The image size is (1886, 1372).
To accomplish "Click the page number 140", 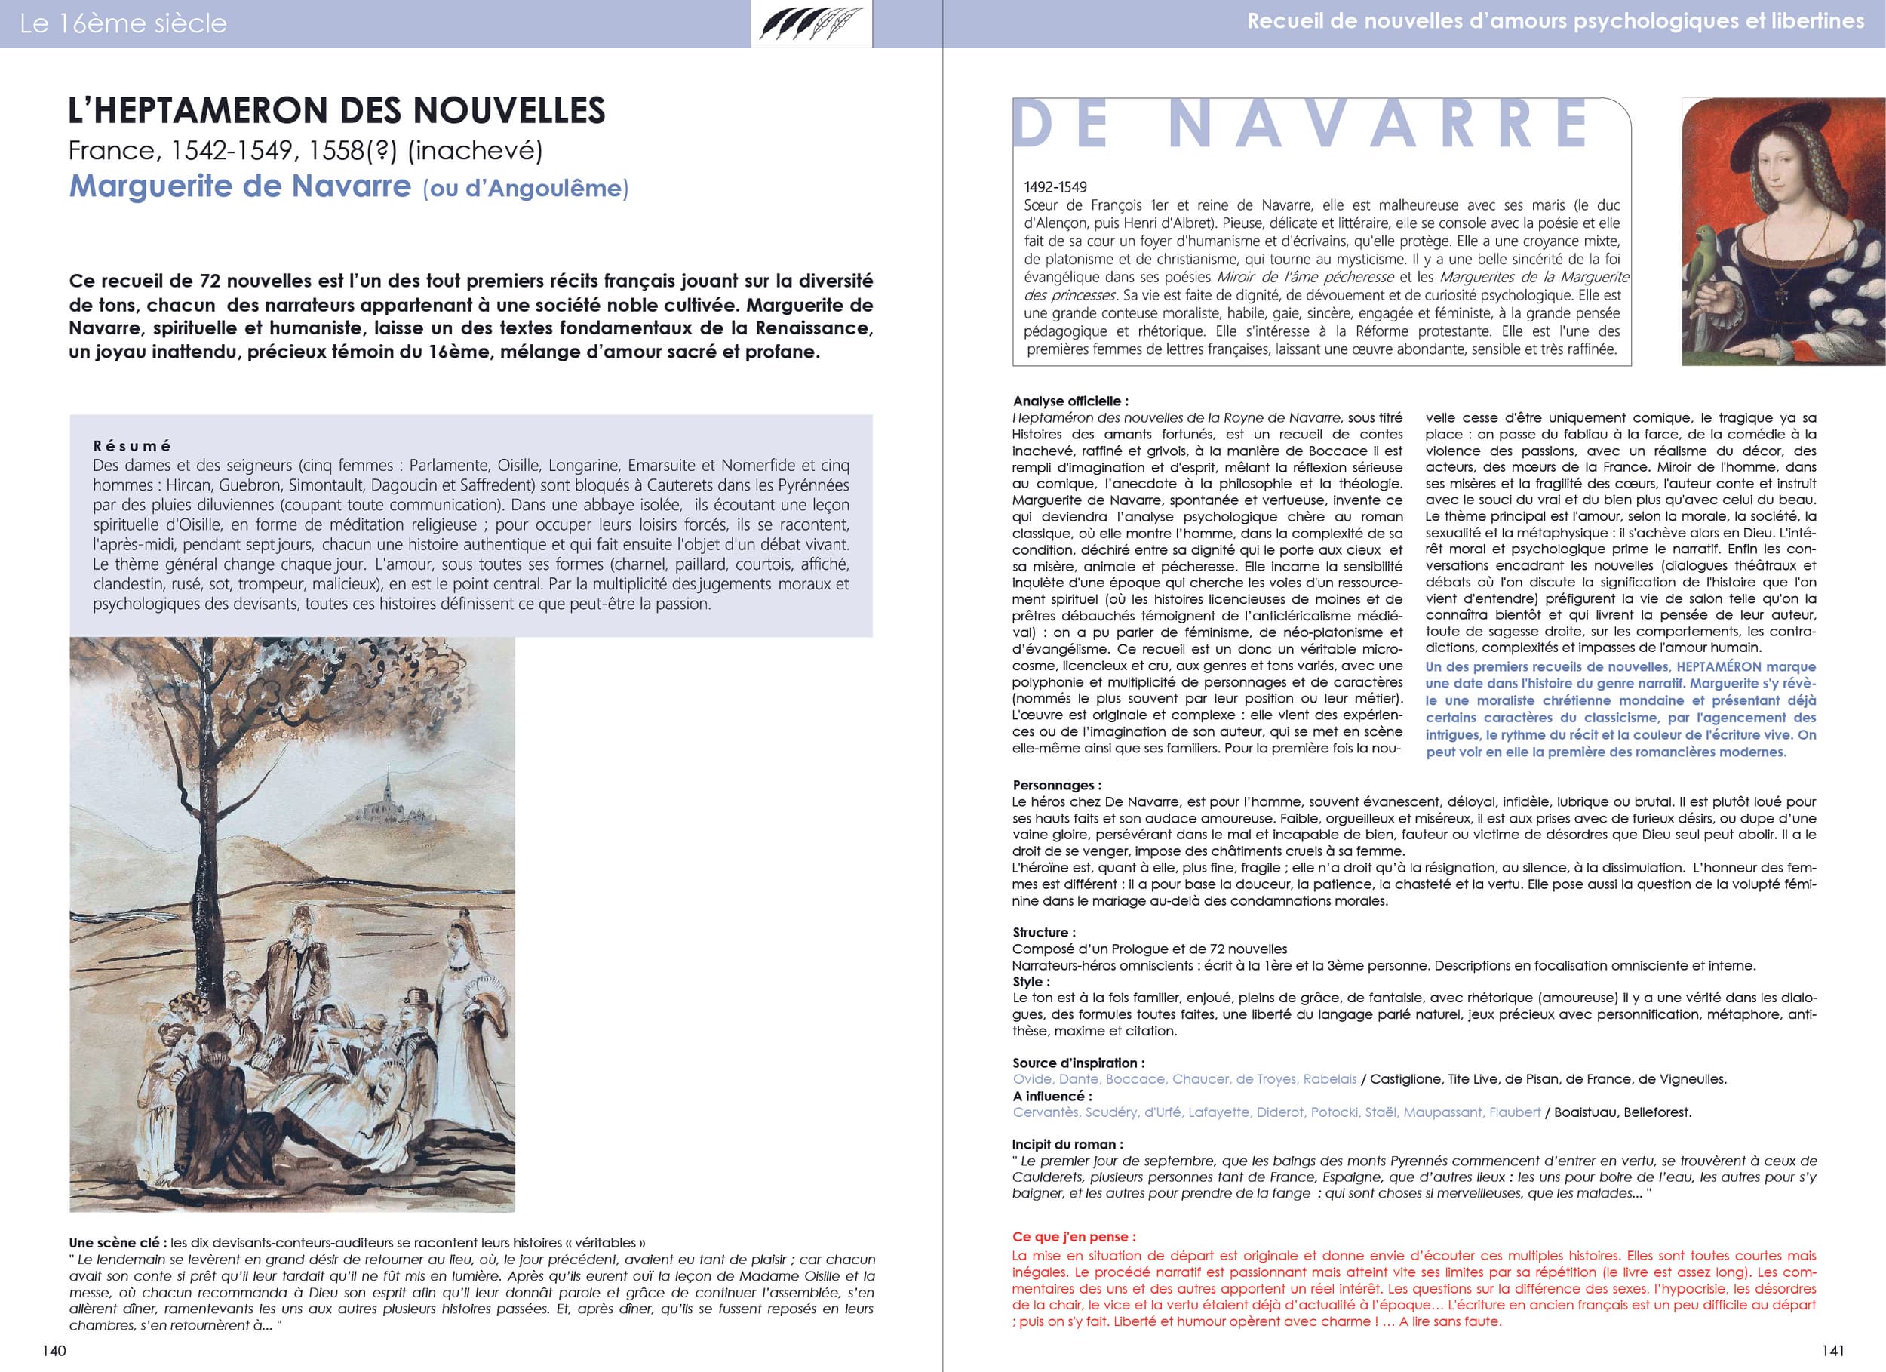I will tap(54, 1350).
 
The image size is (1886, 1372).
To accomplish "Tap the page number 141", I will tap(1832, 1350).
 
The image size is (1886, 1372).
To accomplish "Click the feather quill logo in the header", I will tap(811, 23).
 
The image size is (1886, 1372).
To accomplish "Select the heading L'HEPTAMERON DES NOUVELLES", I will tap(336, 111).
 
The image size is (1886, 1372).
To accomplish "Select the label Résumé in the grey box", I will tap(131, 446).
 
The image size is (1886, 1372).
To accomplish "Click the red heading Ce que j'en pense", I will tap(1074, 1237).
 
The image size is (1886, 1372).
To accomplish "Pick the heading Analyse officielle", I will tap(1070, 401).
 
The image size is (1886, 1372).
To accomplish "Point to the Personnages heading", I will tap(1056, 786).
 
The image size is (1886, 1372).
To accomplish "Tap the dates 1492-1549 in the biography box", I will tap(1055, 187).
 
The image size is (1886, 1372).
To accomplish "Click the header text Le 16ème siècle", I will tap(123, 23).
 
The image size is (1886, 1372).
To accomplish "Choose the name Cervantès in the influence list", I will tap(1046, 1112).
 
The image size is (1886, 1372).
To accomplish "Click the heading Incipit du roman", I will tap(1067, 1144).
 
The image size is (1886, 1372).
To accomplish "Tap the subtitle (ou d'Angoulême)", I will tap(526, 189).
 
